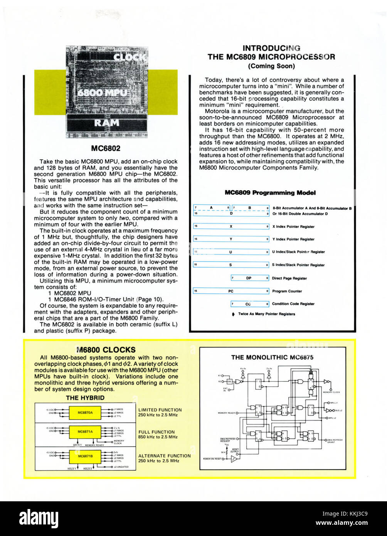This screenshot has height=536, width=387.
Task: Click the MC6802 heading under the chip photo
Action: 106,148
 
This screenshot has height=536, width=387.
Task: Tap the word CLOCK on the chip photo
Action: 130,57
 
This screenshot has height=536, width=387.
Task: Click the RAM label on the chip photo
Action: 107,123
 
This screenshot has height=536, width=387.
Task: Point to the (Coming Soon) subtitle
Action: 271,66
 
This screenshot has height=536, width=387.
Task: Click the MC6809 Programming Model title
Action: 270,193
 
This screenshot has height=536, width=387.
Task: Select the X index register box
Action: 231,227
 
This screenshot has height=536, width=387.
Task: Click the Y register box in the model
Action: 231,239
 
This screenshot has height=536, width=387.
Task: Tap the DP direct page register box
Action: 249,278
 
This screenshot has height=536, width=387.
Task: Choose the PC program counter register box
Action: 231,291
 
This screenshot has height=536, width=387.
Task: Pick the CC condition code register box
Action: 249,304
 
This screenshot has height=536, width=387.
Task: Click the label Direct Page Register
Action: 289,278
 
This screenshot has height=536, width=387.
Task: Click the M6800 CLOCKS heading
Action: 106,350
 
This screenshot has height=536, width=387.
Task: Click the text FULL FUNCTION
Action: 156,432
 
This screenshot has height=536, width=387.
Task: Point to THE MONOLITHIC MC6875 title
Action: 272,357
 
